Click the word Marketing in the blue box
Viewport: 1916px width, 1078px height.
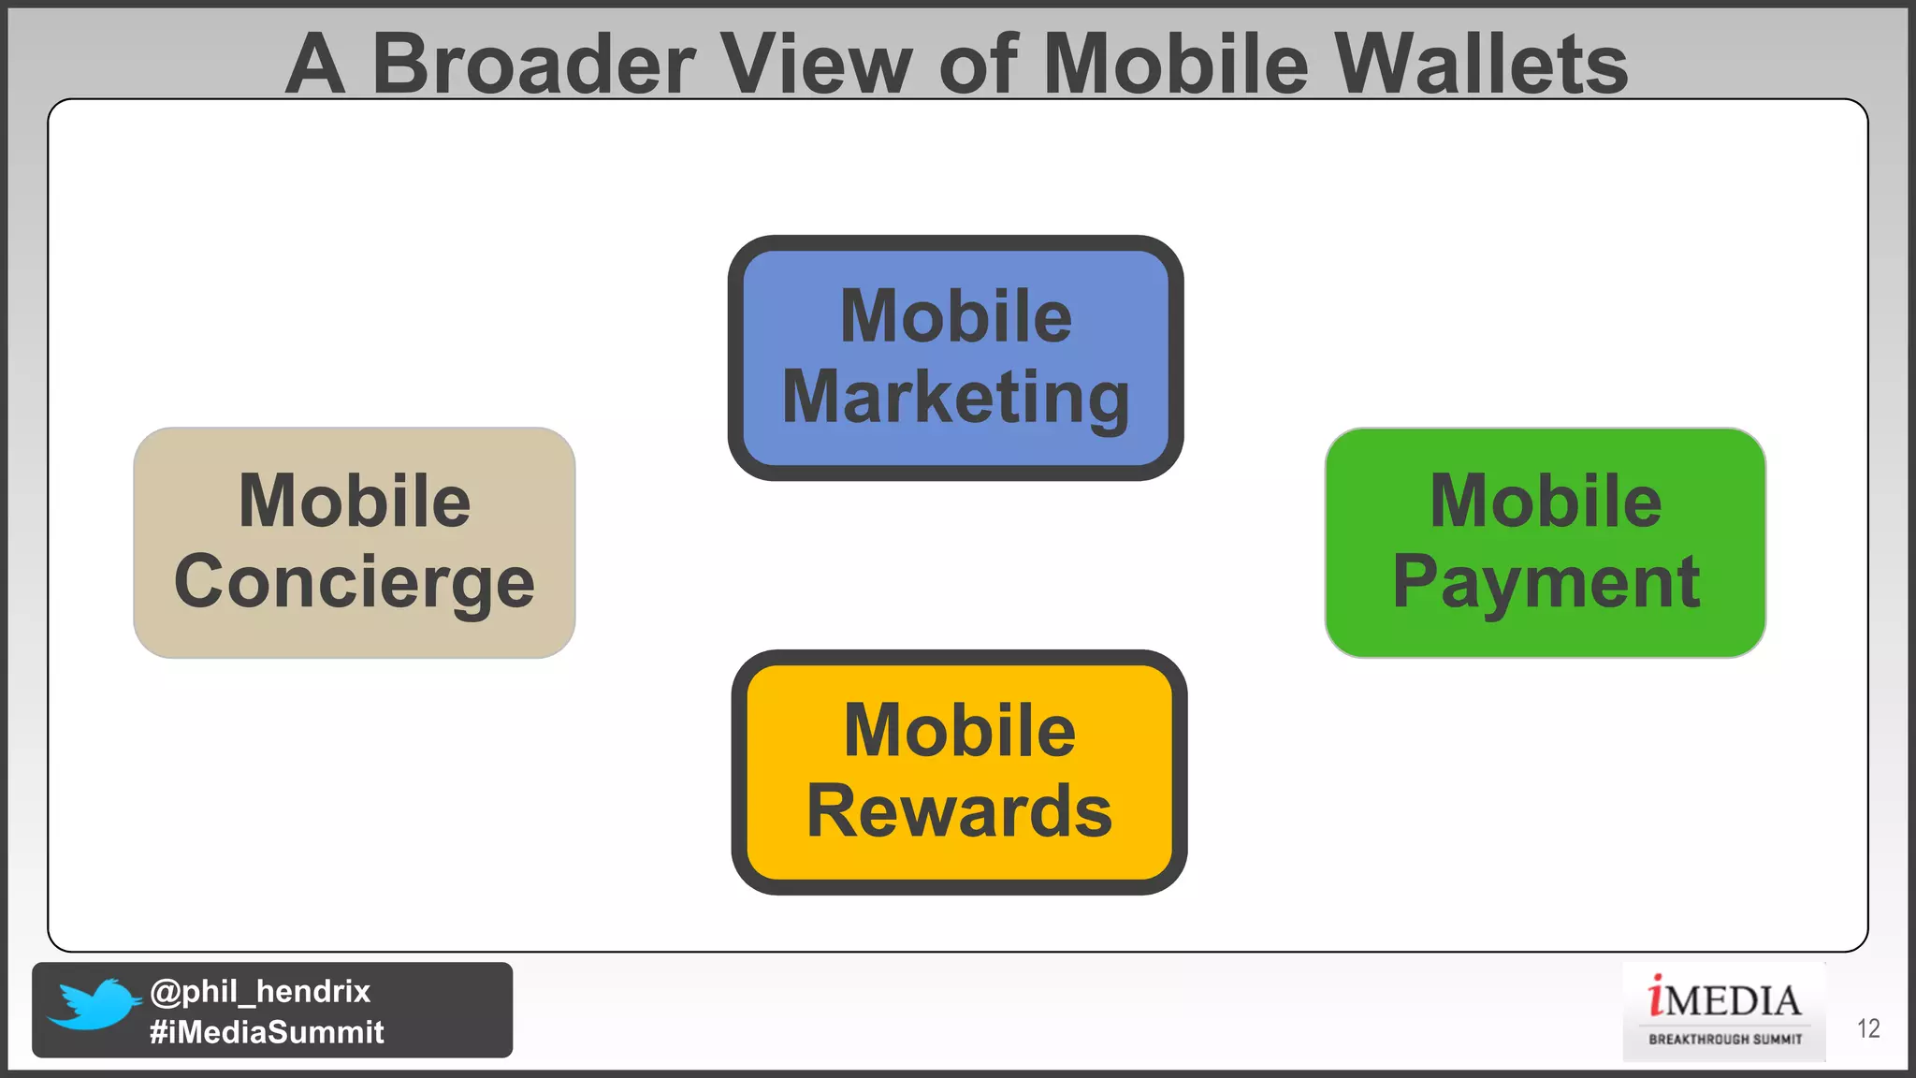pos(955,398)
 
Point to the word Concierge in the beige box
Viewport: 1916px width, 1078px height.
pos(355,582)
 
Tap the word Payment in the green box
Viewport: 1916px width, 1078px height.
pos(1546,582)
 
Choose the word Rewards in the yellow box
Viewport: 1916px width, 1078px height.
pos(959,810)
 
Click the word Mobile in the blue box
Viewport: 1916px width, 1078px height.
pos(955,316)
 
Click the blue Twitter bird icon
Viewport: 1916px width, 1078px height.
pos(94,1004)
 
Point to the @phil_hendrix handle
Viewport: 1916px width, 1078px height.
pos(260,991)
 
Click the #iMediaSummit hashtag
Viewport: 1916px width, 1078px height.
pos(267,1031)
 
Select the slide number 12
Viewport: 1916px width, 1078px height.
pos(1868,1028)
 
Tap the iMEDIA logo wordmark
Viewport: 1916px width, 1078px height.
pos(1724,999)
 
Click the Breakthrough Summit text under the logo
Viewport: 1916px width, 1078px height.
pos(1725,1039)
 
